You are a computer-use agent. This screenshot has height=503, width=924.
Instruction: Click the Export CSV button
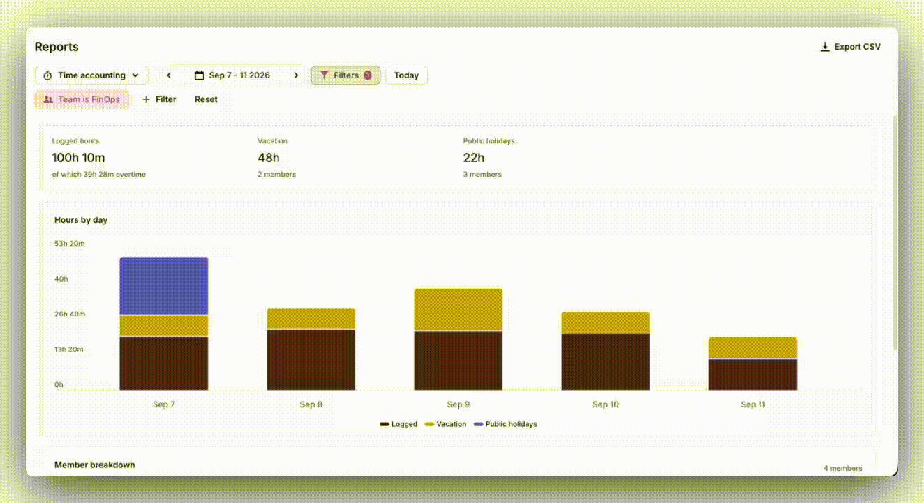(851, 47)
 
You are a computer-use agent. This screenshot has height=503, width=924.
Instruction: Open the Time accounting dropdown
(91, 75)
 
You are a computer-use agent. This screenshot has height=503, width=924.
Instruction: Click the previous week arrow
(169, 75)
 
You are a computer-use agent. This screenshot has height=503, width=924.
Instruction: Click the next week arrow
(296, 75)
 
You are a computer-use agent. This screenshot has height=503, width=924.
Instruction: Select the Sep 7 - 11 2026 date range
(232, 75)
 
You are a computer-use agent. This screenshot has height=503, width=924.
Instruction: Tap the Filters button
(345, 75)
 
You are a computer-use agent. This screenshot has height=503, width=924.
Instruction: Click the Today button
(406, 75)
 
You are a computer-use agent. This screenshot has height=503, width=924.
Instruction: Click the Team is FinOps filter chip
(82, 99)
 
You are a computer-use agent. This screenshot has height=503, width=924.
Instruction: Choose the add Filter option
(159, 99)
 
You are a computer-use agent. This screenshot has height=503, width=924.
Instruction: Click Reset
(206, 99)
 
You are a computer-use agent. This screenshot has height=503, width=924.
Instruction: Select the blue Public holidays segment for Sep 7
(164, 286)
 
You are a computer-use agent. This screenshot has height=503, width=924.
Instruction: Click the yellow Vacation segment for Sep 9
(459, 309)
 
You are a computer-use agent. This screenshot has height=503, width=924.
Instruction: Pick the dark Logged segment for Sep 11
(753, 374)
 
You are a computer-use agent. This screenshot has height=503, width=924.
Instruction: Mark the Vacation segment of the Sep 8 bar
(311, 319)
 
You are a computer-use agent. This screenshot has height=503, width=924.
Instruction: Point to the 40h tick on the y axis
(61, 279)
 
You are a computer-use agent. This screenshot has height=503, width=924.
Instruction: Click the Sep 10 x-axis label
(605, 404)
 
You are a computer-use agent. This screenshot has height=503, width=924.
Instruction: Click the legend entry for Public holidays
(506, 424)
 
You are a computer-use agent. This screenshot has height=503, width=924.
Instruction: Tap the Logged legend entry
(398, 424)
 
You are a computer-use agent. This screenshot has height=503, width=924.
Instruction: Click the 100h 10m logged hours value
(78, 158)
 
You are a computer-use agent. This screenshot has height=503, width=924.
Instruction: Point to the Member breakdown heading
(94, 465)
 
